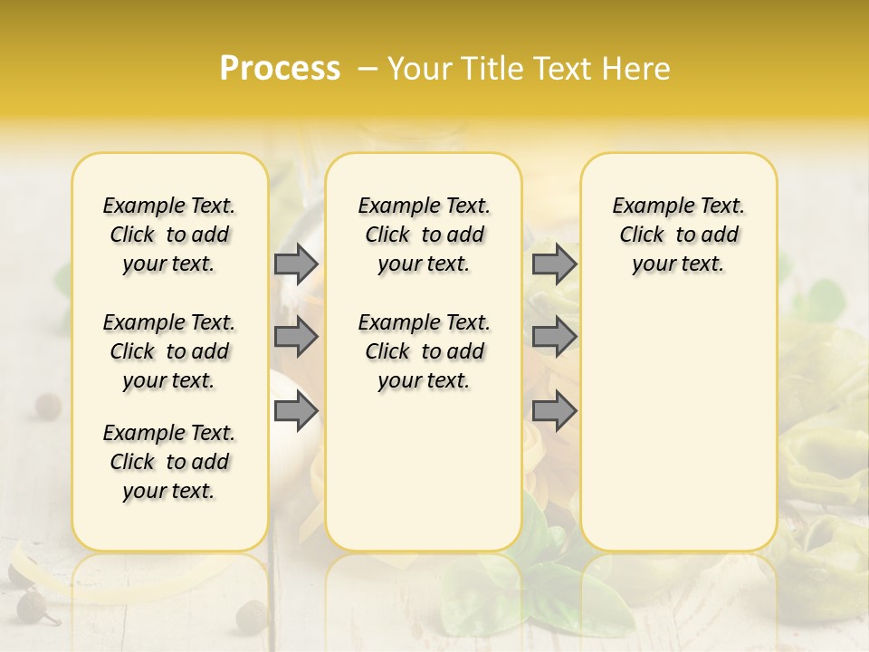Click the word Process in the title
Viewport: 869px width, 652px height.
tap(280, 69)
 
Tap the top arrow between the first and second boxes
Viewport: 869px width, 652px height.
tap(296, 264)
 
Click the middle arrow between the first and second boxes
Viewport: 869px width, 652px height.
tap(296, 337)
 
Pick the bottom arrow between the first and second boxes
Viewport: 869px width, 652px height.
tap(296, 412)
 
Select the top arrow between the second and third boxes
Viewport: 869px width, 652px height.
tap(554, 264)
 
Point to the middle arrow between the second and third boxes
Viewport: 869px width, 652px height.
tap(554, 337)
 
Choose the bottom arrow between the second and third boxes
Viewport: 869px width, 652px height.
tap(554, 412)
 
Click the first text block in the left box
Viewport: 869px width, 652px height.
tap(169, 235)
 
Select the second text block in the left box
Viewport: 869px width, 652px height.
tap(169, 351)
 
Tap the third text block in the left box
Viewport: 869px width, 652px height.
tap(169, 462)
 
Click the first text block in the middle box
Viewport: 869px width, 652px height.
tap(424, 235)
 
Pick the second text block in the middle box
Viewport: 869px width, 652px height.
tap(424, 351)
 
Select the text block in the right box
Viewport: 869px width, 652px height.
tap(678, 235)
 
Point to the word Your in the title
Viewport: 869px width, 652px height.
tap(420, 69)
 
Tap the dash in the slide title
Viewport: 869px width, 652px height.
tap(367, 69)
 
